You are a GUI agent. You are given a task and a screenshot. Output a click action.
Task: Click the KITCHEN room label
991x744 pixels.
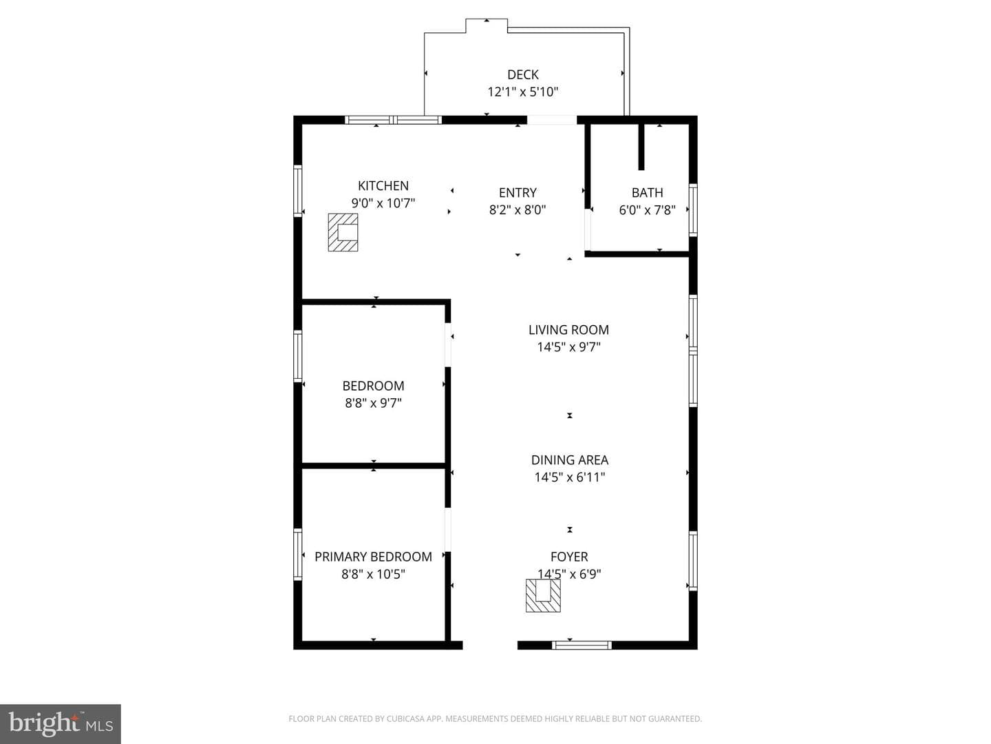pos(383,186)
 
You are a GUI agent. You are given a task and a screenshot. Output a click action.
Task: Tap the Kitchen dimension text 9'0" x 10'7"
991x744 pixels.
pos(383,203)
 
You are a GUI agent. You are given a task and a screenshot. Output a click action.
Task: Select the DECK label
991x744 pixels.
pos(523,74)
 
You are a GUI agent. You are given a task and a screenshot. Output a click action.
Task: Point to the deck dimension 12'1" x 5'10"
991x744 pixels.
pos(523,92)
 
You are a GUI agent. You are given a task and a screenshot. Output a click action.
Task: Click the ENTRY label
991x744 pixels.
pos(518,193)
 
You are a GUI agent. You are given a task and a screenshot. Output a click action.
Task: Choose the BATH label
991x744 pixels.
pos(647,193)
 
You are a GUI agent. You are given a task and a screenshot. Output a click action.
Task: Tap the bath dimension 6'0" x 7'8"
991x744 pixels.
pos(647,210)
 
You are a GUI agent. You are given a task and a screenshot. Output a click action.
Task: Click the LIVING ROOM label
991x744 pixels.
pos(568,330)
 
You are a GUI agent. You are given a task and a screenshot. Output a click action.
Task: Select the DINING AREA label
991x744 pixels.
pos(569,460)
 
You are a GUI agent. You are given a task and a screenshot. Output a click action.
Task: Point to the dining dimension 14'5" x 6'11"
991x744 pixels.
pos(569,477)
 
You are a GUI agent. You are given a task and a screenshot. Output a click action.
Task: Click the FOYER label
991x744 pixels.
pos(569,557)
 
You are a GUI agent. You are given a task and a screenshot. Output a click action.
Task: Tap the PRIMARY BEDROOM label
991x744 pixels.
pos(373,557)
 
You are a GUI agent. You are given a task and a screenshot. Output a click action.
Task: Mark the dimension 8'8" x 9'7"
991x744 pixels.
pos(373,403)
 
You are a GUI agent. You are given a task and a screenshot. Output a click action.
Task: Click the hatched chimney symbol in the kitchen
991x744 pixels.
pos(343,232)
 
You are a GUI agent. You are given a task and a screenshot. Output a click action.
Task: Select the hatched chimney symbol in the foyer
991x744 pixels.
pos(543,595)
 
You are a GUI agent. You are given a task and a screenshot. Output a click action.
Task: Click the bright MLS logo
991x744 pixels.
pos(60,723)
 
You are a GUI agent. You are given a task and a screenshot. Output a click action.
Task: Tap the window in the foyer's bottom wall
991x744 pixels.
pos(582,645)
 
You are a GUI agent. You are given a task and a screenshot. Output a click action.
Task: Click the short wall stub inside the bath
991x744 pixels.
pos(641,147)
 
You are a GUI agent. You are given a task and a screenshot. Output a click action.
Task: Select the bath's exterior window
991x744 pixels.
pos(693,210)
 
